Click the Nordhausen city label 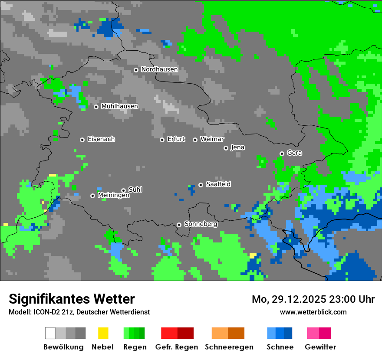coord(159,69)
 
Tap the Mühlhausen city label coord(119,106)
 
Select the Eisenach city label coord(101,139)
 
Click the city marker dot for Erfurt coord(162,140)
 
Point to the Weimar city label coord(212,139)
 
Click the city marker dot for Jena coord(226,148)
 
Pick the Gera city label coord(294,153)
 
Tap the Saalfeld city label coord(218,184)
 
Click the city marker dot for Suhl coord(123,190)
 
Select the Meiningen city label coord(113,196)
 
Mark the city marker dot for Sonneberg coord(179,225)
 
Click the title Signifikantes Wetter coord(72,299)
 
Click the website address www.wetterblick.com coord(313,312)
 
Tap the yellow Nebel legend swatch coord(103,333)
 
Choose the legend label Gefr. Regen coord(177,347)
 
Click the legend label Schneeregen coord(229,347)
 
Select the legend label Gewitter coord(320,347)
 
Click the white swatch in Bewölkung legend coord(50,333)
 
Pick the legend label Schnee coord(280,347)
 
